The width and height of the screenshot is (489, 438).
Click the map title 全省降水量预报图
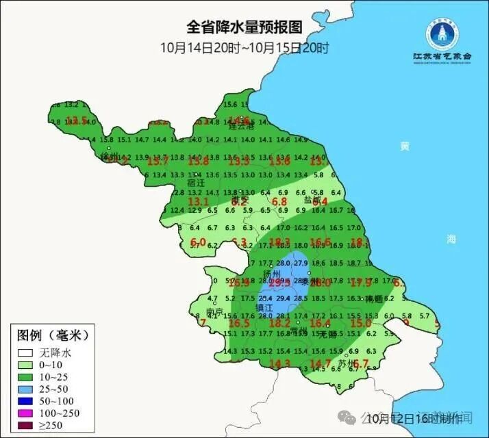[244, 28]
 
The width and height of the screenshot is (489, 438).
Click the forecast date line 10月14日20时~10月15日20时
[244, 48]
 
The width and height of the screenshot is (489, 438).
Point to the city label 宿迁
[196, 183]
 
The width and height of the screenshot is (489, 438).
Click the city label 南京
[215, 312]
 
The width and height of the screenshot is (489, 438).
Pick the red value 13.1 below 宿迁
[198, 201]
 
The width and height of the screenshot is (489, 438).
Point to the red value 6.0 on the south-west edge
[198, 241]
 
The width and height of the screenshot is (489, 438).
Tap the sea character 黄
[405, 146]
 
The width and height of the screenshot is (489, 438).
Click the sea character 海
[451, 239]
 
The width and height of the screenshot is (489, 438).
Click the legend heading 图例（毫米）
[53, 336]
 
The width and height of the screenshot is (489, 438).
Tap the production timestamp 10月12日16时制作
[406, 417]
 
